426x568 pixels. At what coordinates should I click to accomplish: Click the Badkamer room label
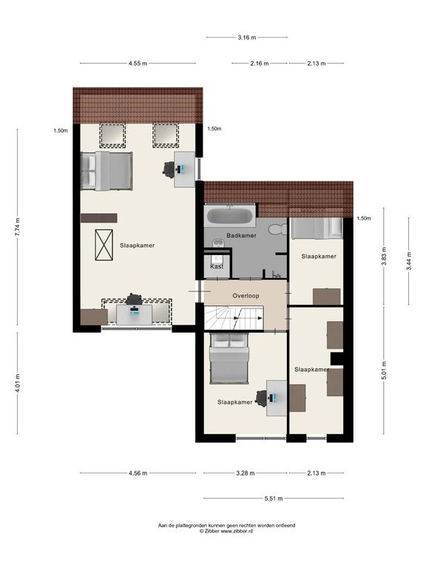click(241, 235)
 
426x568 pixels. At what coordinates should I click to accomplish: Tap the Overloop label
click(246, 296)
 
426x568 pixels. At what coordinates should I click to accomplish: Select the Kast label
click(217, 266)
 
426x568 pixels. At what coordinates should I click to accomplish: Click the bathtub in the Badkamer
click(230, 216)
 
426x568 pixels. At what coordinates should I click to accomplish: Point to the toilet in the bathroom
click(278, 229)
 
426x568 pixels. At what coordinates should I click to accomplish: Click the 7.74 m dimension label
click(18, 227)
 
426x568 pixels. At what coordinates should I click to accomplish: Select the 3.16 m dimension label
click(247, 37)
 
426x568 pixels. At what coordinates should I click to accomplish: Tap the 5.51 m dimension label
click(274, 498)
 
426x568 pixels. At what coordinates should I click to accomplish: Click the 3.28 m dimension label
click(246, 473)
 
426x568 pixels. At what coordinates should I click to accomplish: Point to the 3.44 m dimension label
click(408, 261)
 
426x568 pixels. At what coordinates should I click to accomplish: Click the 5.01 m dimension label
click(384, 371)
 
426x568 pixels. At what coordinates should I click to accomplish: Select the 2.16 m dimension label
click(260, 64)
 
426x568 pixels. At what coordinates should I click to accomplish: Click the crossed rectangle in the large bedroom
click(104, 245)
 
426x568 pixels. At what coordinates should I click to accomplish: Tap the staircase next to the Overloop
click(234, 318)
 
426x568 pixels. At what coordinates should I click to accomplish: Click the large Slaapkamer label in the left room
click(138, 246)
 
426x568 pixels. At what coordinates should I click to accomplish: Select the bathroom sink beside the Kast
click(217, 243)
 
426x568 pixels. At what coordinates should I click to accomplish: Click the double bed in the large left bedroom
click(106, 171)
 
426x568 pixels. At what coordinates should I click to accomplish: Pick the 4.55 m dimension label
click(138, 64)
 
